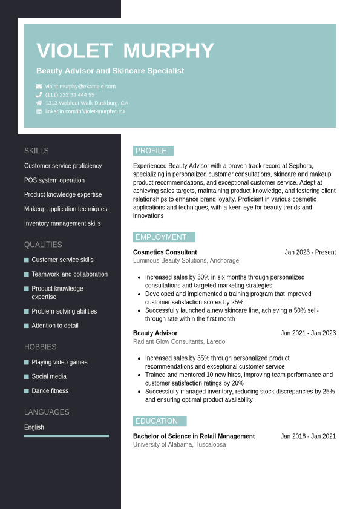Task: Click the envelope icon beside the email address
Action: [39, 87]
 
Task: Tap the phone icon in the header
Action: [39, 95]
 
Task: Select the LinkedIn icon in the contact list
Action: [39, 111]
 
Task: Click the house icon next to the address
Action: [39, 103]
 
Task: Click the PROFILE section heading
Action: [151, 151]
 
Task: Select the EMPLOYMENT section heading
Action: [161, 237]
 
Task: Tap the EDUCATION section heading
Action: [157, 421]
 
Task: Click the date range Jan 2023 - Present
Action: [310, 252]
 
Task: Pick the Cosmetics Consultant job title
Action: [165, 252]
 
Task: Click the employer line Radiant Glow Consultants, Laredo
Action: [179, 341]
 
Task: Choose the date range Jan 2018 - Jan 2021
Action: [308, 436]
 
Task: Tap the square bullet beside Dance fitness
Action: [27, 391]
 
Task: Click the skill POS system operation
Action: [54, 180]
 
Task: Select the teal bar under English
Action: [67, 436]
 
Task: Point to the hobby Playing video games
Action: [59, 362]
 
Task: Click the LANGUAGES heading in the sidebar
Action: [47, 412]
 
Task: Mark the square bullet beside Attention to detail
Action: [27, 326]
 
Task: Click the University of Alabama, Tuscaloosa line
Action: [179, 444]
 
